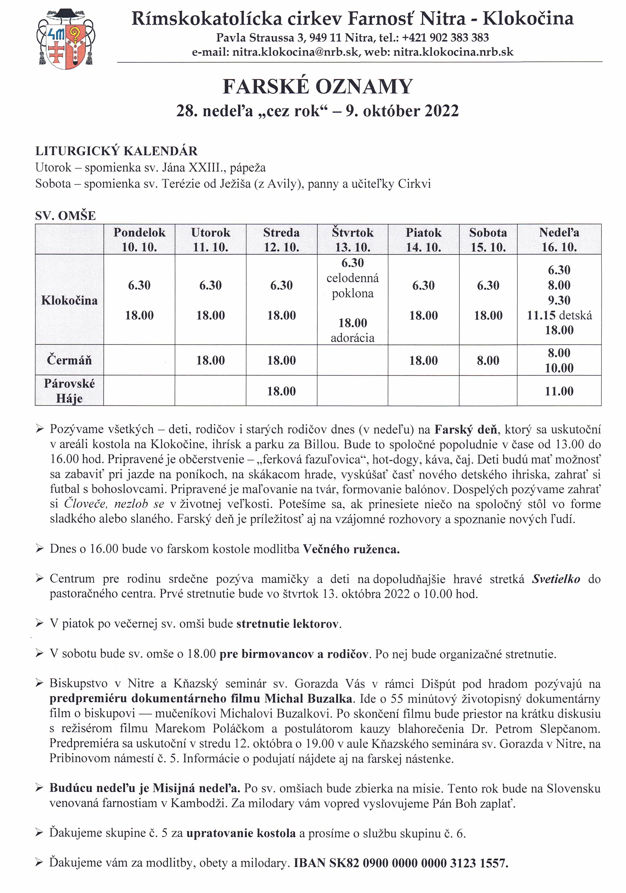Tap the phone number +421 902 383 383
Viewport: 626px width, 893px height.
point(445,38)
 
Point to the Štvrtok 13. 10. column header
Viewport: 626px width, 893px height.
point(352,240)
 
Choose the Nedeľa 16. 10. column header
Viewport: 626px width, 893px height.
point(559,240)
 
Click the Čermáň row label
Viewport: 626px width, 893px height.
point(69,360)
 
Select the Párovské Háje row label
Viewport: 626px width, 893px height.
point(69,391)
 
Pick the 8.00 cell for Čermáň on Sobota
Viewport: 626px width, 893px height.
point(488,360)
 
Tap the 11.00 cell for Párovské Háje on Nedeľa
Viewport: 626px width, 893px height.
point(559,391)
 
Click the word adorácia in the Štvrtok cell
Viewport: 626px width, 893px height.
point(352,338)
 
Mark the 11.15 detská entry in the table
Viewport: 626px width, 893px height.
point(559,315)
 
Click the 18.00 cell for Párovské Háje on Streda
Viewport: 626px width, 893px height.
point(281,391)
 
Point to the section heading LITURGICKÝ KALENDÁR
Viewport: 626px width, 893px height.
point(116,151)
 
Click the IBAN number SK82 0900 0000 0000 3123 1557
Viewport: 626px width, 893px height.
point(419,863)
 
